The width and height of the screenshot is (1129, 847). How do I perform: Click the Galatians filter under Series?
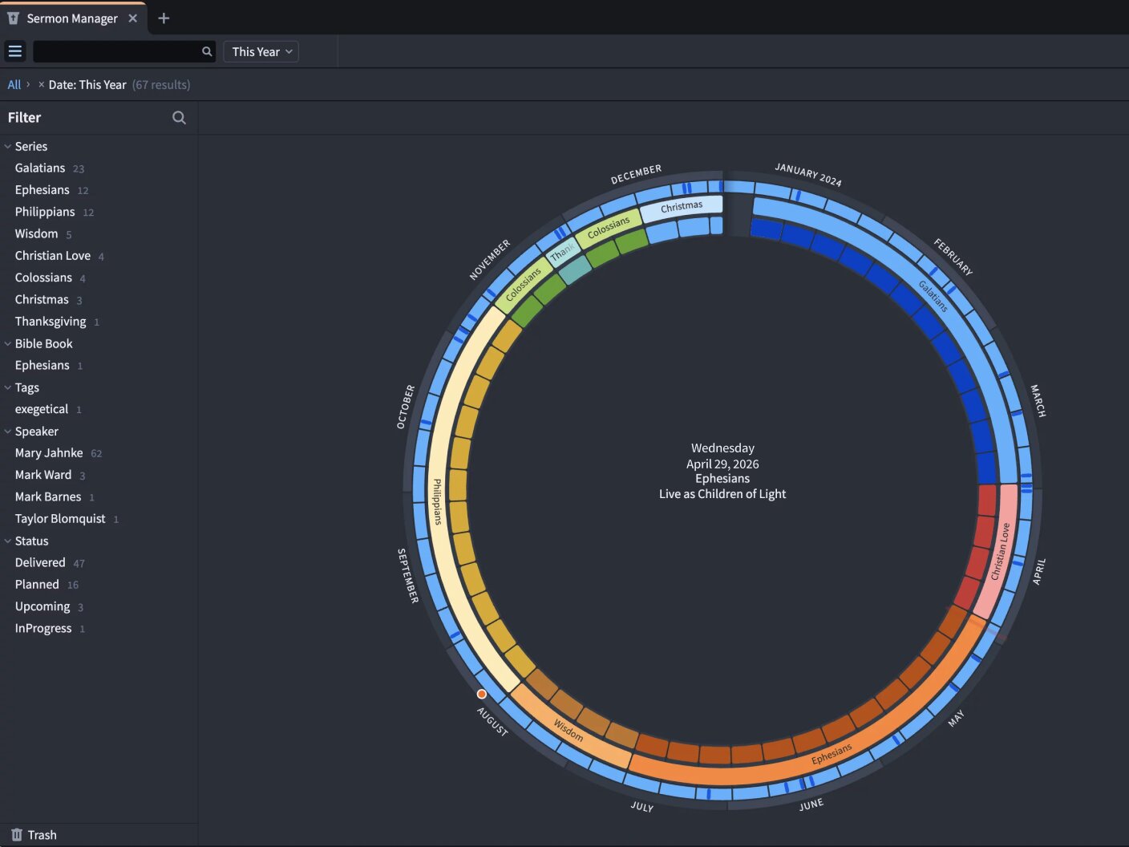point(40,168)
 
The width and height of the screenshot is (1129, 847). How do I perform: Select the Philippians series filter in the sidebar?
point(45,212)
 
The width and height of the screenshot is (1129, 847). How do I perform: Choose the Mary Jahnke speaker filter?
point(49,453)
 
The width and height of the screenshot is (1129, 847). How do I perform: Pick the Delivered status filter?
point(40,562)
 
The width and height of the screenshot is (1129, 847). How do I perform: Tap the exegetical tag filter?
point(42,409)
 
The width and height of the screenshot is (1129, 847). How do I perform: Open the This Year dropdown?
point(261,52)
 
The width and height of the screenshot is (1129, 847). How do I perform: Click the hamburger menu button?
point(15,51)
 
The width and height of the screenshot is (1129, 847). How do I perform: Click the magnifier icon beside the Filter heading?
point(179,118)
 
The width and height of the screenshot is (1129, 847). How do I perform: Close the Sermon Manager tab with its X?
point(132,18)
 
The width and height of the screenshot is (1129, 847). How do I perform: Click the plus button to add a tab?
point(164,18)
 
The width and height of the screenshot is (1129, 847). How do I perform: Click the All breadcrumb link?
point(14,85)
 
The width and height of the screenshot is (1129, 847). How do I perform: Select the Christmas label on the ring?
point(682,207)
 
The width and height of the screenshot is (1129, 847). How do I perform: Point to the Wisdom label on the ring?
point(569,730)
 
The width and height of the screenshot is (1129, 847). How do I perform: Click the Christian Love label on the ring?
point(1001,551)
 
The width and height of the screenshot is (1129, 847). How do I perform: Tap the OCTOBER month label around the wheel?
point(405,407)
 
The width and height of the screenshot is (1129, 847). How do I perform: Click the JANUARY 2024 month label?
point(808,175)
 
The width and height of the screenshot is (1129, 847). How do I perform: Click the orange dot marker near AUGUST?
point(481,695)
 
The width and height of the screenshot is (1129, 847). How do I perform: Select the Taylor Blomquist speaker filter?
point(60,519)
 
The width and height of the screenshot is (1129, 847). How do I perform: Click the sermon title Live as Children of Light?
point(722,494)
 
